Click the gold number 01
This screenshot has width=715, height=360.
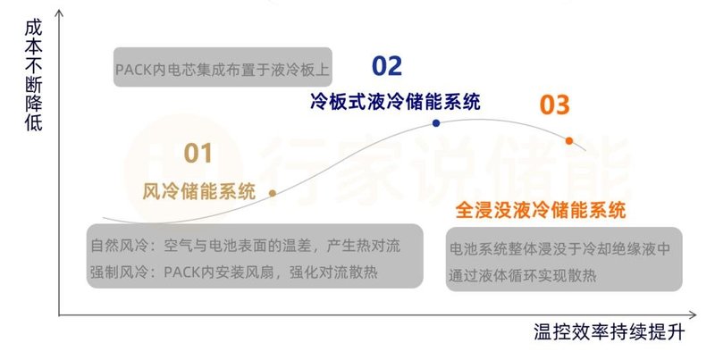point(198,153)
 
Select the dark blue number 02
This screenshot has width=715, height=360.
point(387,65)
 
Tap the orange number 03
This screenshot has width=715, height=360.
point(554,105)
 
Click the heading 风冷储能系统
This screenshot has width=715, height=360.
point(199,191)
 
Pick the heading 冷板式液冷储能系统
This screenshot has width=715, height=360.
point(395,100)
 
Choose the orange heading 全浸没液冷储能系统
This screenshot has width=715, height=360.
point(540,211)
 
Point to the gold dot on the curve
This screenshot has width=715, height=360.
point(273,192)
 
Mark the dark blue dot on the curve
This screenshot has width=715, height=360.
point(436,123)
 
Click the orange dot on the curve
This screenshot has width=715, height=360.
point(569,140)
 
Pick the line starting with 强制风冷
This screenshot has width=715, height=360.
point(233,271)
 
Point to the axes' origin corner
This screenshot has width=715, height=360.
point(60,315)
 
